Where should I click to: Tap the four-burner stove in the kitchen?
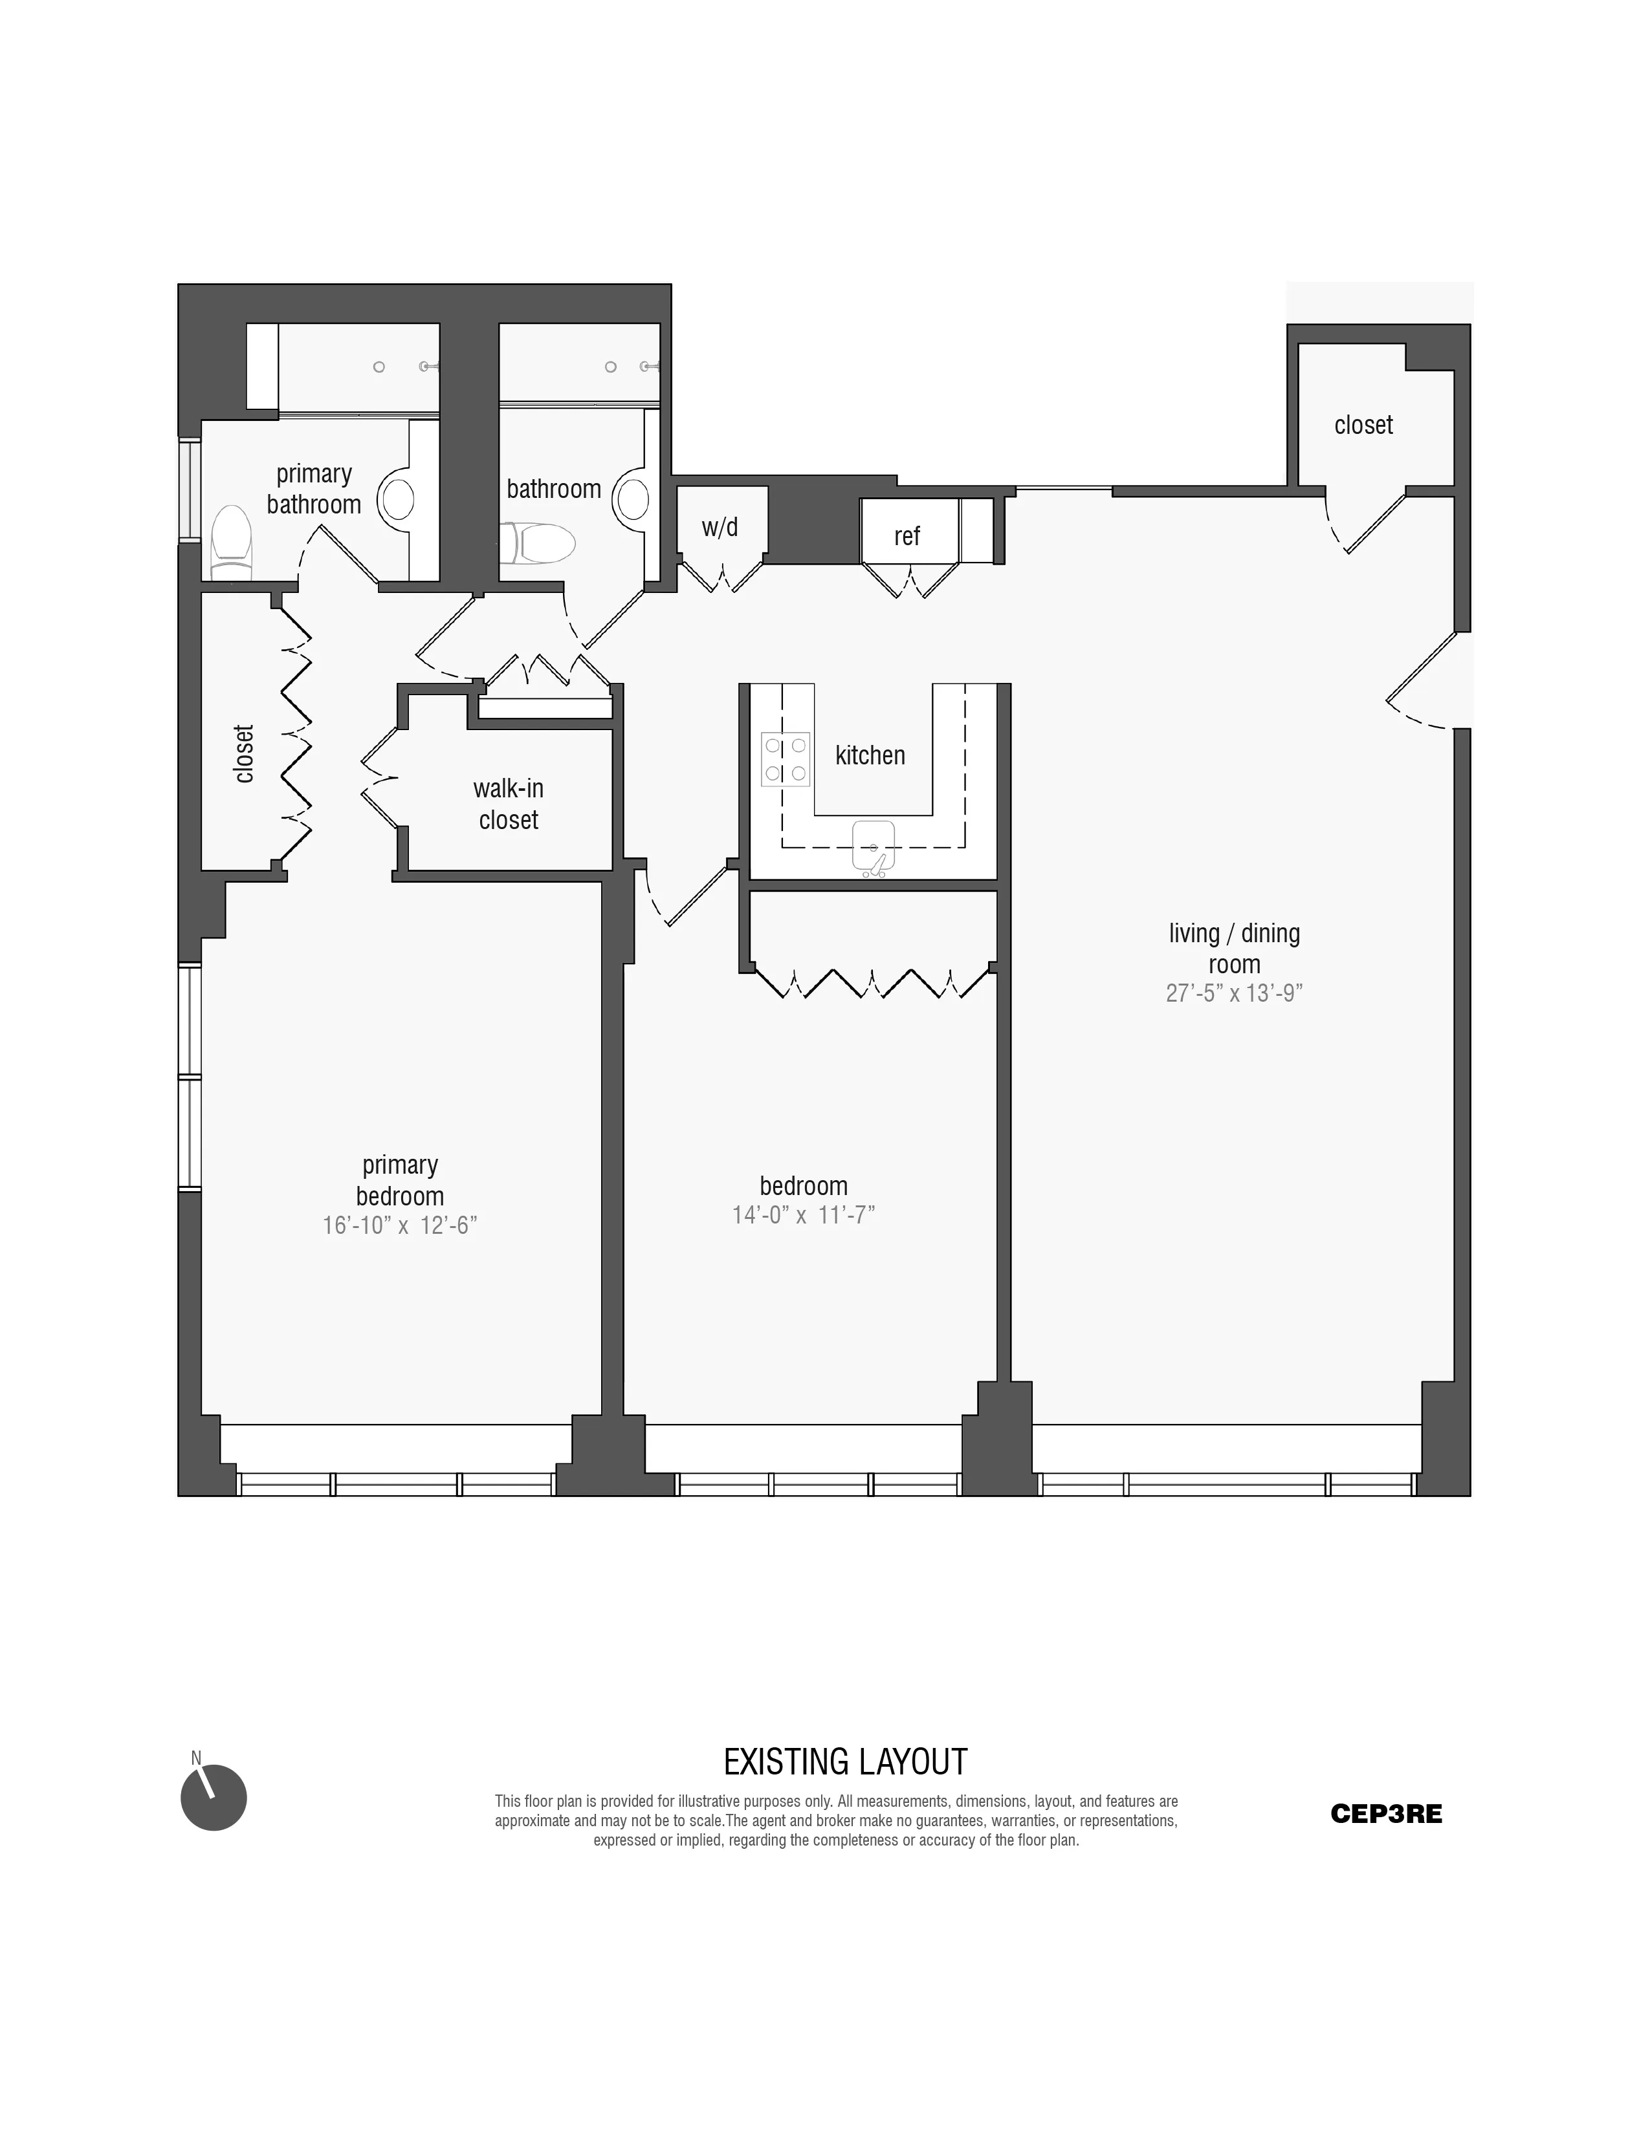pos(786,759)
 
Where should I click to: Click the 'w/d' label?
pos(720,528)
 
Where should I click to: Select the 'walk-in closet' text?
pos(509,804)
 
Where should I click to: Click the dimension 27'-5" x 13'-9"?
pos(1233,994)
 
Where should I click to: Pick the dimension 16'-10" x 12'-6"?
pos(400,1225)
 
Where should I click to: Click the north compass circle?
pos(214,1797)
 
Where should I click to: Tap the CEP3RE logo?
pos(1385,1813)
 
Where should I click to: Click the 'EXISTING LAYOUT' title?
pos(844,1762)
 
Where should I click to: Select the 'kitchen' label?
pos(870,755)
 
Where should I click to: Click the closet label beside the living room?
pos(1363,425)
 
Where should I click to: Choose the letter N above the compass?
pos(195,1758)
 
